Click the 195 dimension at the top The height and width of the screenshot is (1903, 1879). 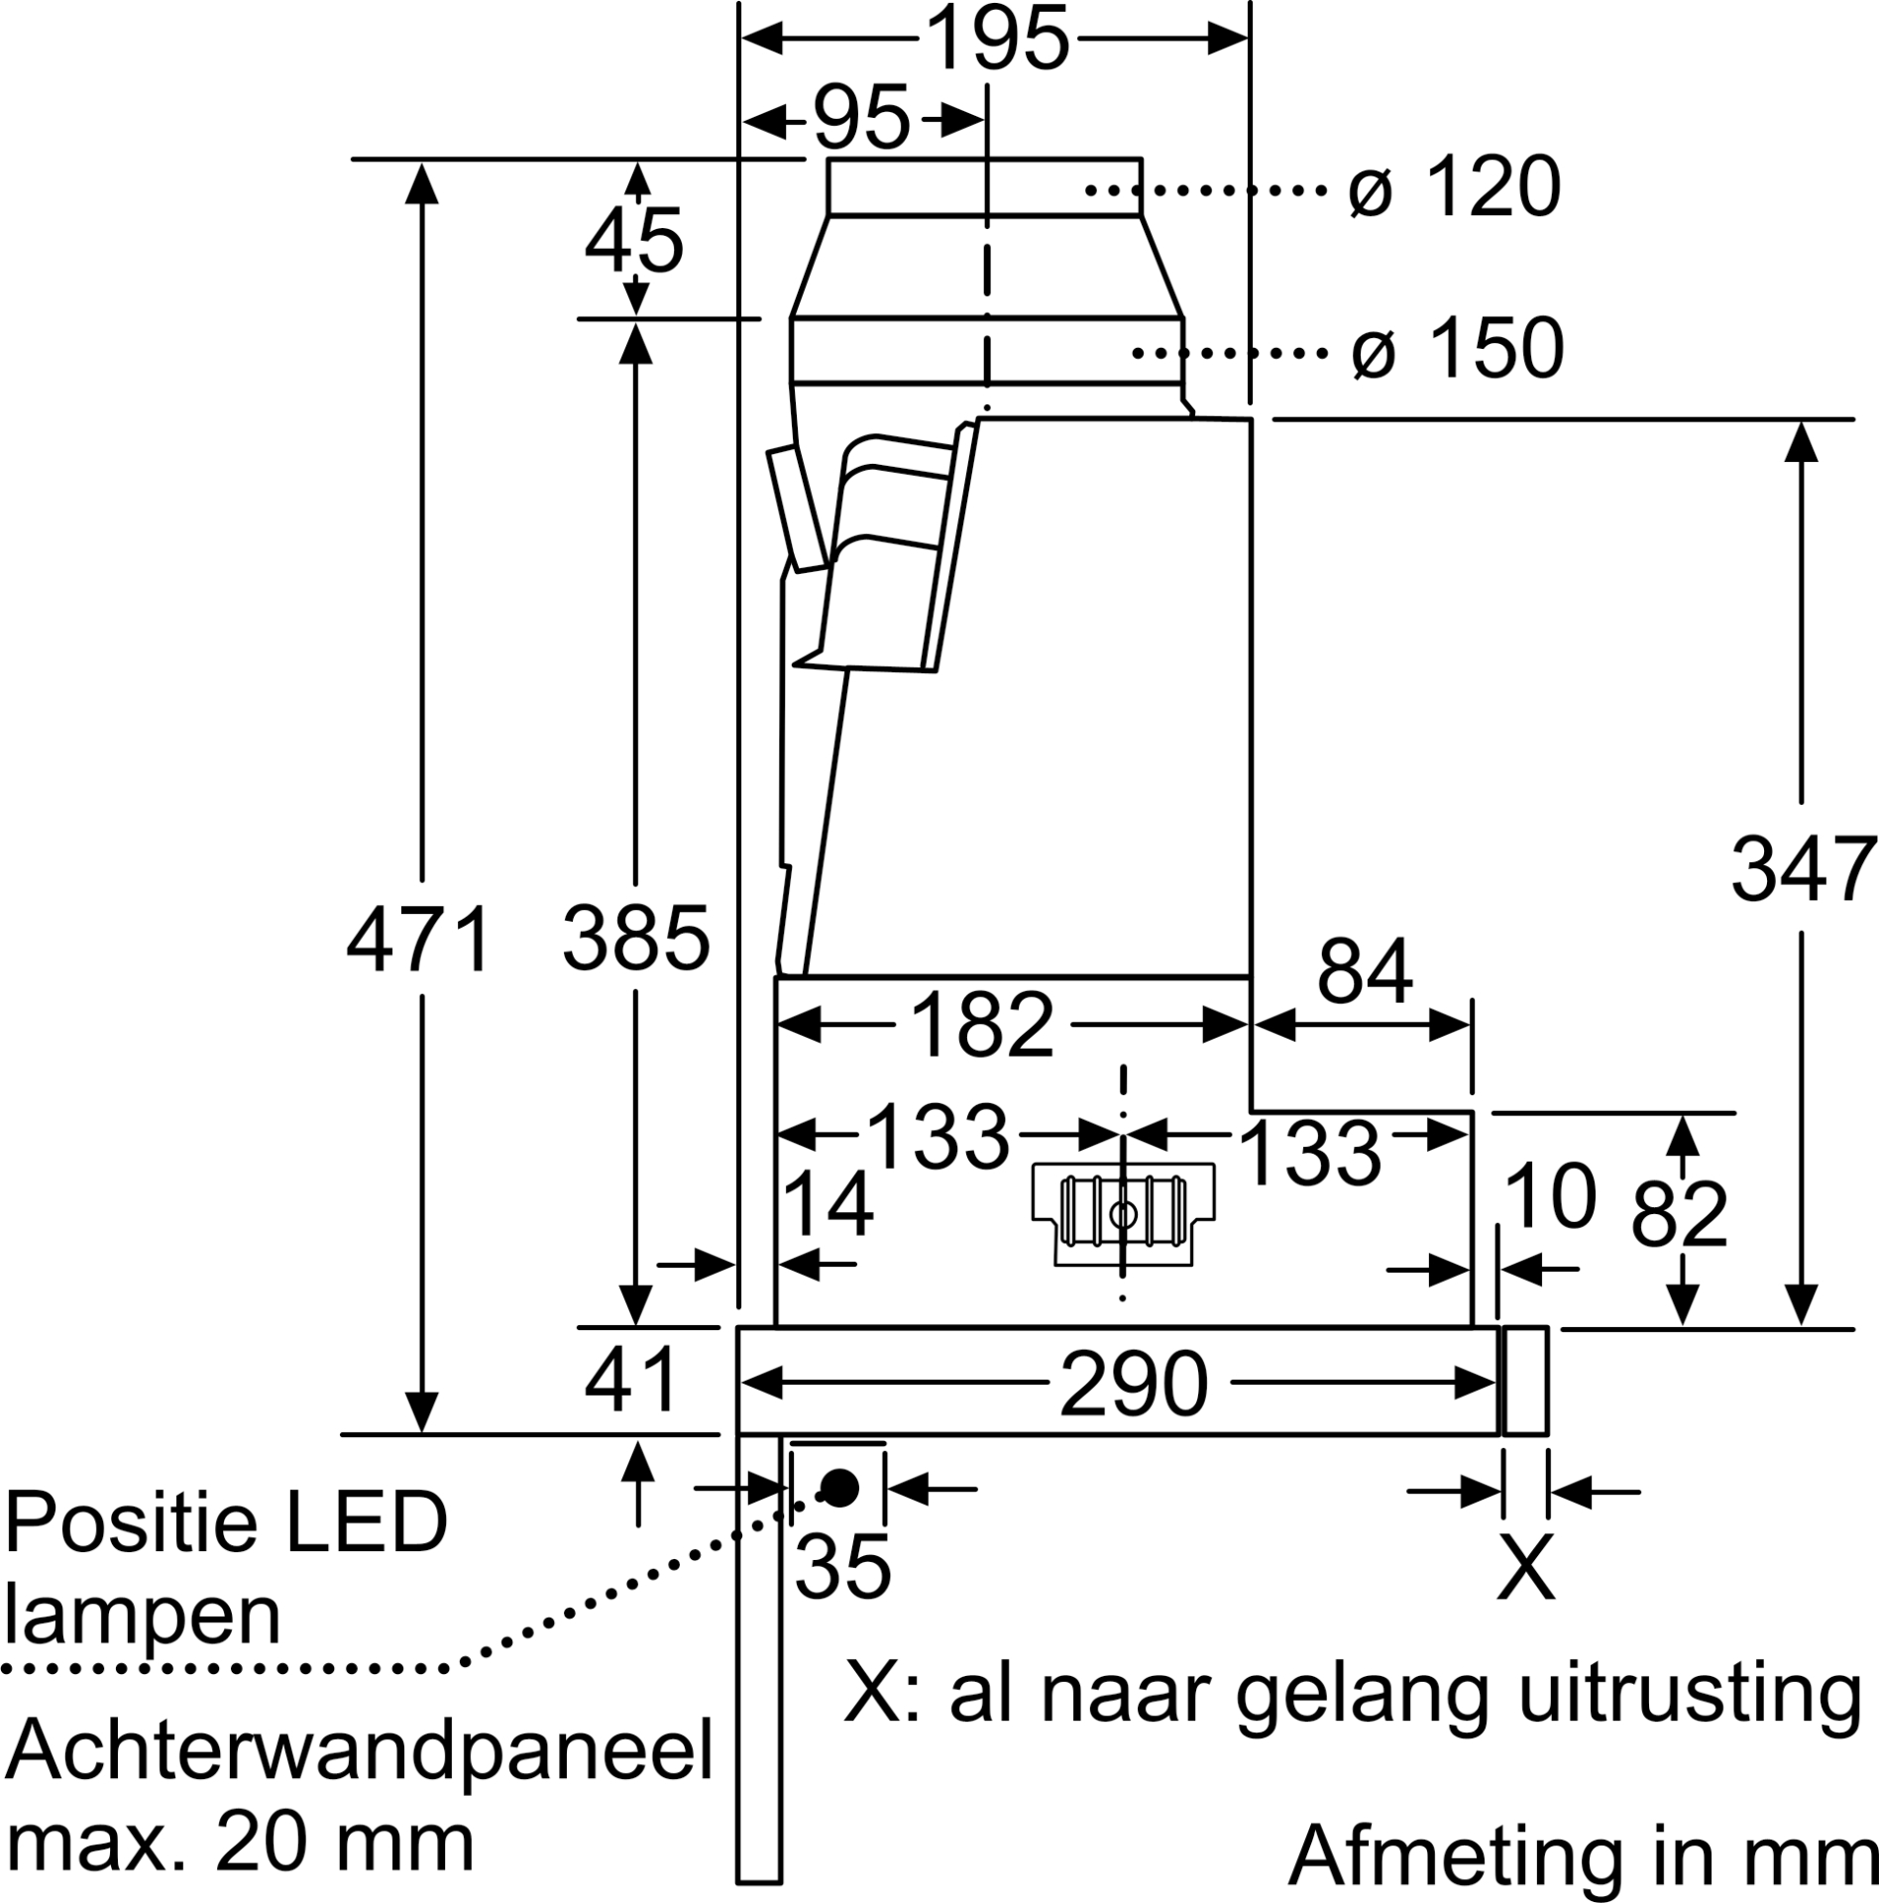coord(997,40)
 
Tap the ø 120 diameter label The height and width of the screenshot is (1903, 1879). coord(1454,188)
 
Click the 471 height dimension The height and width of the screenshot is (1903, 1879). coord(419,940)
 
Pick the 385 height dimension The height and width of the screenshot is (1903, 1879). coord(635,938)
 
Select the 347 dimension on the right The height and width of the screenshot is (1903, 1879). coord(1802,870)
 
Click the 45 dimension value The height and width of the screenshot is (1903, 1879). coord(634,241)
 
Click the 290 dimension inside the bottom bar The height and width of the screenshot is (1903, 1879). coord(1134,1384)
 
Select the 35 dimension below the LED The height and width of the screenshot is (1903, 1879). coord(843,1567)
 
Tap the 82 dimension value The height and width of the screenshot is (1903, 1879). coord(1679,1215)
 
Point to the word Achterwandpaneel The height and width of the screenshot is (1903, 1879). coord(359,1751)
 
